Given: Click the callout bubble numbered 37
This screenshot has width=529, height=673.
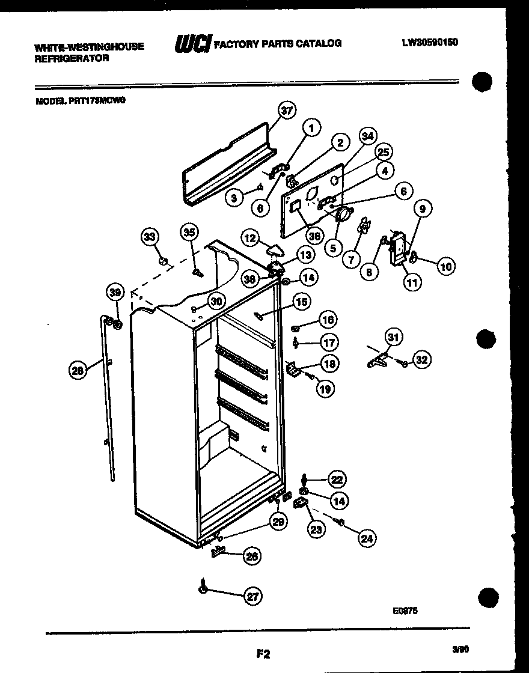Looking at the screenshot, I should tap(288, 110).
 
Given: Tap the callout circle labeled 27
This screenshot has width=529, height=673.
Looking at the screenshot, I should tap(253, 597).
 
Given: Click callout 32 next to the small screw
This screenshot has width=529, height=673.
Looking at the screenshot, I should tap(422, 360).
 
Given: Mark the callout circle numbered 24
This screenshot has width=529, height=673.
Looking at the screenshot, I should tap(366, 539).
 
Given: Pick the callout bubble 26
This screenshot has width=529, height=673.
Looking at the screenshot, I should tap(252, 556).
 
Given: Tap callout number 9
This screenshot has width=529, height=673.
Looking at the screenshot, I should tap(422, 209).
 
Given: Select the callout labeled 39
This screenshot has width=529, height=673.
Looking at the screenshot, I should tap(115, 293).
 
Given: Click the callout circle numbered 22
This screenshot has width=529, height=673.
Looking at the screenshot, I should tap(337, 479).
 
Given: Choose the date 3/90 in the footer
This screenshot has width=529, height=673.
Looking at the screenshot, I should tap(460, 650).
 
